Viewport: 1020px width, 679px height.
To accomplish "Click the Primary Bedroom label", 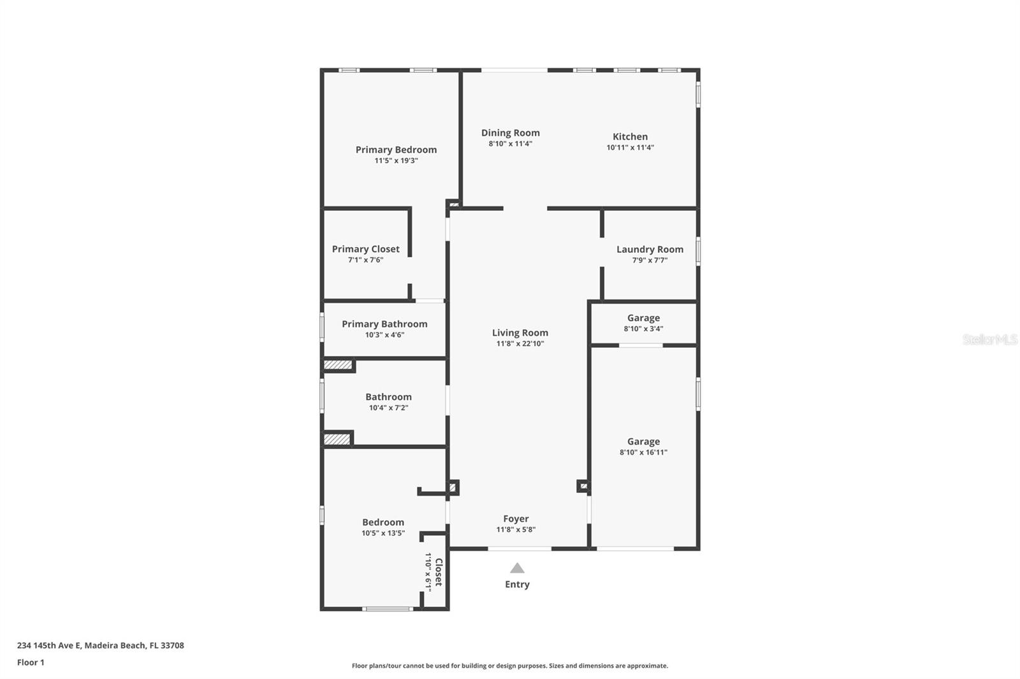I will tap(396, 150).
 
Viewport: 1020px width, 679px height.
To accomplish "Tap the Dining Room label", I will tap(510, 132).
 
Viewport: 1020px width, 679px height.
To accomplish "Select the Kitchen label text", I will tap(630, 136).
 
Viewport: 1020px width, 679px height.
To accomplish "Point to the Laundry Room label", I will tap(650, 249).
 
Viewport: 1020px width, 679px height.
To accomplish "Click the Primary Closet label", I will tap(365, 249).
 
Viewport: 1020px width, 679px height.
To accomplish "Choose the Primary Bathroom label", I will tap(384, 324).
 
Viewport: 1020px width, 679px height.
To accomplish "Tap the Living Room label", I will tap(520, 332).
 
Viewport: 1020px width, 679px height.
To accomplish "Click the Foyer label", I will tap(516, 518).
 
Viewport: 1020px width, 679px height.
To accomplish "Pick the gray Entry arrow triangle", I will tap(517, 568).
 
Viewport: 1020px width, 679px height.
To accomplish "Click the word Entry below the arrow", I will tap(517, 584).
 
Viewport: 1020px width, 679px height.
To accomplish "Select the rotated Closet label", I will tap(438, 573).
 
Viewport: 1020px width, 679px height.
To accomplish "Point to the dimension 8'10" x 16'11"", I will tap(643, 452).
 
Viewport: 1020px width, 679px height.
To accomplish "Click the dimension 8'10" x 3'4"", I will tap(643, 329).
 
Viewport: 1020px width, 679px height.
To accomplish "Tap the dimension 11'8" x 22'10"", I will tap(520, 343).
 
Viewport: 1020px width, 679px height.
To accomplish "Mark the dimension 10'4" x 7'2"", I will tap(388, 408).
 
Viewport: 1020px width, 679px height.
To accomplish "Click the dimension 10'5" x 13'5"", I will tap(382, 533).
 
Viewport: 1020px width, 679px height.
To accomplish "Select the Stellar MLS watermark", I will tap(989, 339).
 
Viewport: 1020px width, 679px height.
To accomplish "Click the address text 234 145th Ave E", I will tap(50, 645).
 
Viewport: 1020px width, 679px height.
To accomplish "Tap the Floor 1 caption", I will tap(31, 662).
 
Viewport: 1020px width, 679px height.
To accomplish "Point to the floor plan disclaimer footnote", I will tap(510, 666).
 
